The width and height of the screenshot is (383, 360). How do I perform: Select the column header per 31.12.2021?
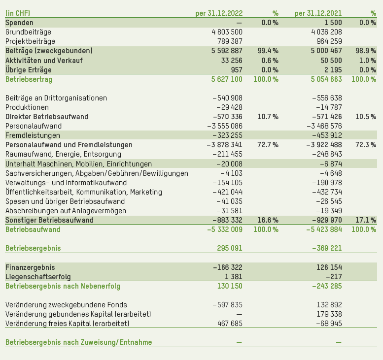pos(318,13)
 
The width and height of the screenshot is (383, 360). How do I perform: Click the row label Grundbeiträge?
pos(29,32)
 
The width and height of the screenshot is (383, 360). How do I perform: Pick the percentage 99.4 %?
pos(268,51)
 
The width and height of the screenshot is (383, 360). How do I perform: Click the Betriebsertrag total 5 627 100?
pos(226,79)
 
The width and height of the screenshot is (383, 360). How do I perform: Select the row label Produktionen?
pos(27,107)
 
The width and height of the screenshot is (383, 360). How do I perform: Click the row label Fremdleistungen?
pos(33,135)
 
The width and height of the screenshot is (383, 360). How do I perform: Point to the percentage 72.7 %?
pos(268,145)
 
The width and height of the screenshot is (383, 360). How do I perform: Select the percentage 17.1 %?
pos(366,220)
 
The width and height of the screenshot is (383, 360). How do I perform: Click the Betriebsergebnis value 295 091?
pos(230,248)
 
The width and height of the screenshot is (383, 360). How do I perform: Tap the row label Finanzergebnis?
pos(30,267)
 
